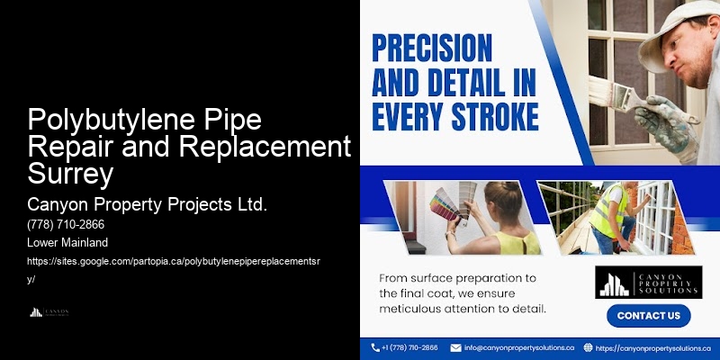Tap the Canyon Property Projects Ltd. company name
click(148, 204)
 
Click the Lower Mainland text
click(67, 243)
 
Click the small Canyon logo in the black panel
click(49, 312)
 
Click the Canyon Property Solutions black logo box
click(647, 283)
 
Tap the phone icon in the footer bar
click(375, 347)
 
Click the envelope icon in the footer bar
click(455, 347)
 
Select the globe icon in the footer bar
click(588, 347)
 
